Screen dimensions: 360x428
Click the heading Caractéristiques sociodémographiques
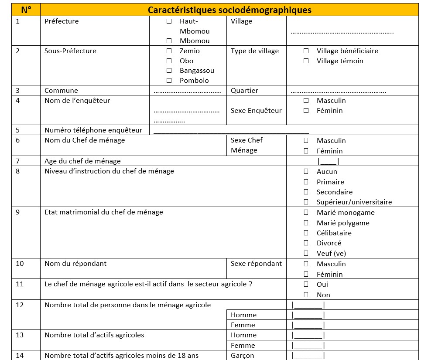[x=229, y=10]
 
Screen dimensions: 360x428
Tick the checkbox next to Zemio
[x=169, y=51]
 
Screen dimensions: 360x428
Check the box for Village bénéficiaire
[x=306, y=51]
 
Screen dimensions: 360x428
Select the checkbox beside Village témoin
[x=306, y=61]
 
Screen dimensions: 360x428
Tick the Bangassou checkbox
[x=169, y=71]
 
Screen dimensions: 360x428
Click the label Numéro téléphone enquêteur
[x=93, y=130]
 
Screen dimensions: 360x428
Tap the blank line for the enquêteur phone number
[x=231, y=131]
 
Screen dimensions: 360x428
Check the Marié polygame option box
[x=306, y=223]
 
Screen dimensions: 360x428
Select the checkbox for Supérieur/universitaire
[x=306, y=202]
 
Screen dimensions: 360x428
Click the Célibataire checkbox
[x=306, y=233]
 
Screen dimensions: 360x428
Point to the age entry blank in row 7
[x=328, y=161]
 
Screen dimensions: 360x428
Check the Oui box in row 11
[x=306, y=285]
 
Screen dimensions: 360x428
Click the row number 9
[x=18, y=213]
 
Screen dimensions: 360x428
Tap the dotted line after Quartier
[x=338, y=91]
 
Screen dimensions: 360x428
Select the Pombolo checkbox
[x=169, y=81]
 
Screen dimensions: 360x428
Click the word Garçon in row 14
[x=242, y=356]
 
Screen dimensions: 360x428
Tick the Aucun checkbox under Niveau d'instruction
[x=306, y=172]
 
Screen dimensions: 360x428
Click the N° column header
[x=26, y=10]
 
